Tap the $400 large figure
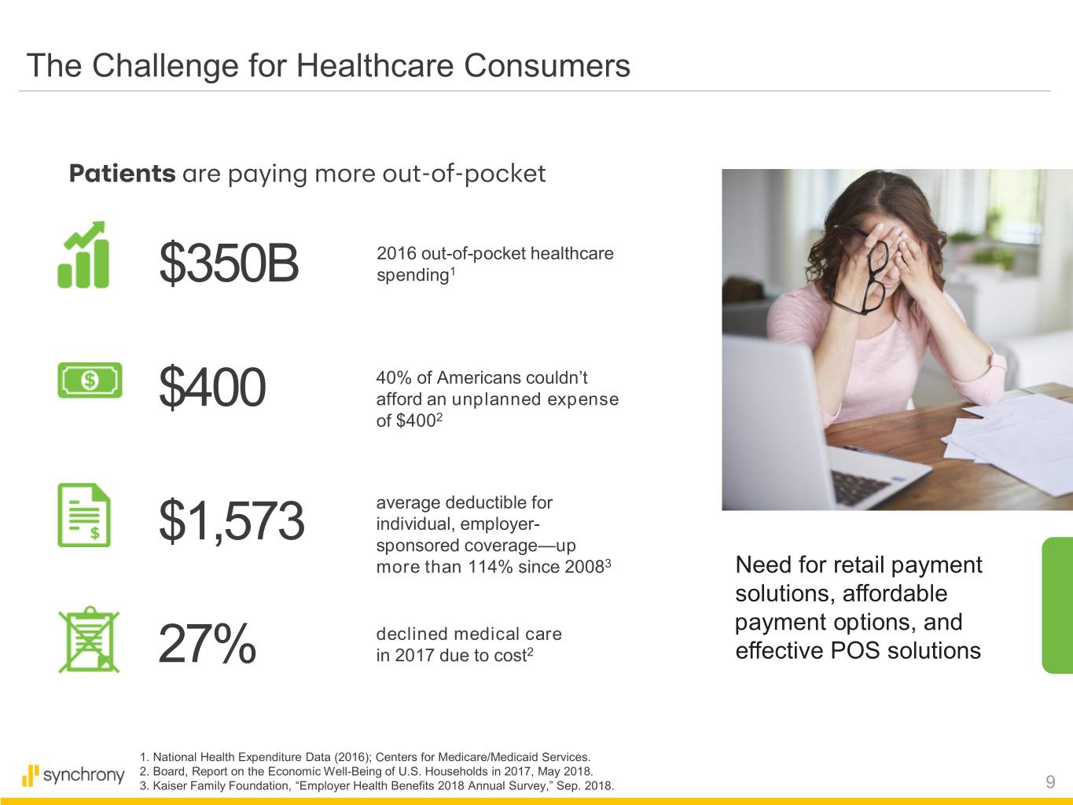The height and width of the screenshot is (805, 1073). tap(212, 388)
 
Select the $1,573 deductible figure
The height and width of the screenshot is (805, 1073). tap(232, 520)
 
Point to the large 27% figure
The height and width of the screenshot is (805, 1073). tap(208, 643)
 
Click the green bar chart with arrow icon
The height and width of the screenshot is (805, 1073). tap(83, 255)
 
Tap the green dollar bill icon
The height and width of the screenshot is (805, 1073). tap(90, 380)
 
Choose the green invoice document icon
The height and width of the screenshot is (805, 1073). tap(84, 515)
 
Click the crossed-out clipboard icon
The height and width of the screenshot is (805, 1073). tap(89, 639)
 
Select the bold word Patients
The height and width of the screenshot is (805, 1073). tap(122, 174)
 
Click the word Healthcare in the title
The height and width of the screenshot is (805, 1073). tap(375, 65)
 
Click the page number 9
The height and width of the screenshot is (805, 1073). tap(1050, 782)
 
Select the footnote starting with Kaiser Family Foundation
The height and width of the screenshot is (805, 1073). tap(377, 786)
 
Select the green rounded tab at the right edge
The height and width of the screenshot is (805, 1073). tap(1058, 605)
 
